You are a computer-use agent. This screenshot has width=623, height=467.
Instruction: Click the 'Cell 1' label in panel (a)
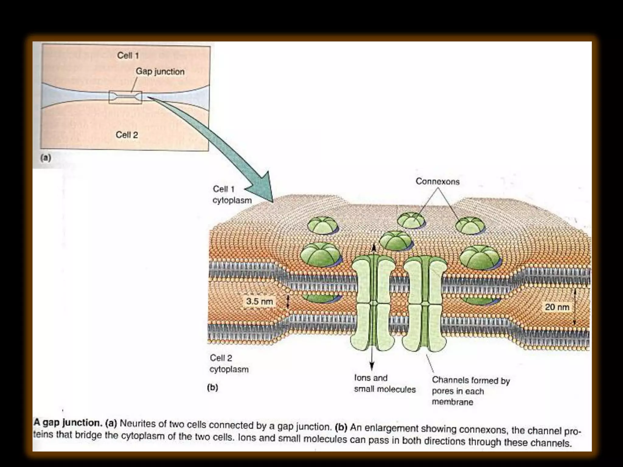(x=128, y=56)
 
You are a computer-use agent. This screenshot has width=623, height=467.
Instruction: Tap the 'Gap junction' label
(x=160, y=71)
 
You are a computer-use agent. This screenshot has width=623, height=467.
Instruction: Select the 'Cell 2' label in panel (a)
(x=127, y=135)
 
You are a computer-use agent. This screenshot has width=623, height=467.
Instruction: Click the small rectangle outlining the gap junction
(x=125, y=97)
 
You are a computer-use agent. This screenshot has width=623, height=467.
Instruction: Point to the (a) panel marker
(x=46, y=157)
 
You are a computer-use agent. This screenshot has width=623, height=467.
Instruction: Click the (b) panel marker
(x=212, y=387)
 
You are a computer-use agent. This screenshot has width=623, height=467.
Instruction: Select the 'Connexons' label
(x=437, y=182)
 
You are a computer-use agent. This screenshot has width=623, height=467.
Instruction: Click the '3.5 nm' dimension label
(x=259, y=301)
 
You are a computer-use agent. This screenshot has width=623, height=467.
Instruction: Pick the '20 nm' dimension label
(x=557, y=307)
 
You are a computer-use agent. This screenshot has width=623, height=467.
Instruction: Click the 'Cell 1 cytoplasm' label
(x=232, y=195)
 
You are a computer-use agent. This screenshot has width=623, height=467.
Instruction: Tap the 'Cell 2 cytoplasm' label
(x=229, y=364)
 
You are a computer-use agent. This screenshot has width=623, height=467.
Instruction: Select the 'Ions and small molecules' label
(x=385, y=383)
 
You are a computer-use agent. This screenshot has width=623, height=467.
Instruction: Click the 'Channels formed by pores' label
(x=471, y=391)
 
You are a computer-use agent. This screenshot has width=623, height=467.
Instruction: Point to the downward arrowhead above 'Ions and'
(x=372, y=366)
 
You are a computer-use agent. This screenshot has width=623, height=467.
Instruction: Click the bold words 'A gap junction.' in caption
(x=68, y=423)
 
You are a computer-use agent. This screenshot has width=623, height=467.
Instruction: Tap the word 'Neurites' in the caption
(x=137, y=424)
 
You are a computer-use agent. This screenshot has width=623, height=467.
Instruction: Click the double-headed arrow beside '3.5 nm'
(x=288, y=302)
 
